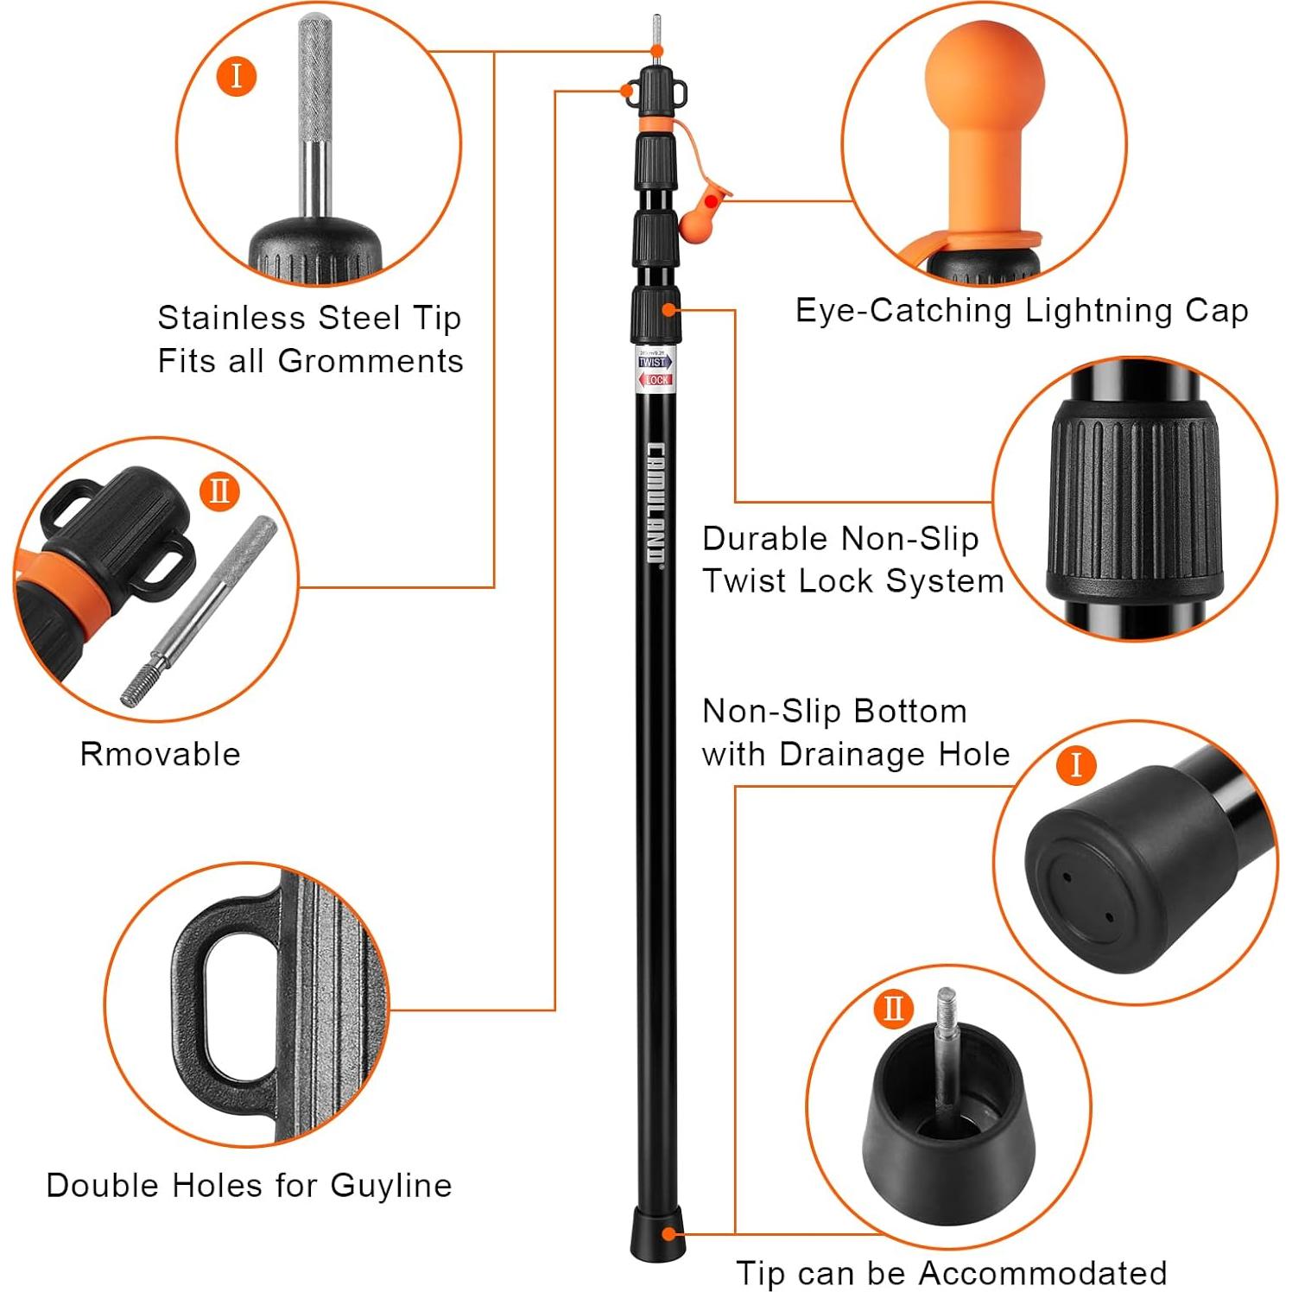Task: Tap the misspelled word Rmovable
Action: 160,754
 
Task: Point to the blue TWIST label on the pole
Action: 653,363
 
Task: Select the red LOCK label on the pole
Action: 656,380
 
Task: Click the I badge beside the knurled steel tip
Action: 236,76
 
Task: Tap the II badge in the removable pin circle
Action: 218,491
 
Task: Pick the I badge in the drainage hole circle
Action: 1075,765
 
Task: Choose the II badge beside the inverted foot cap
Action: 892,1008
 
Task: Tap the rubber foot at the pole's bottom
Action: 657,1235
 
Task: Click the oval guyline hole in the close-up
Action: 225,1003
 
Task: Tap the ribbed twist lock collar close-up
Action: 1134,501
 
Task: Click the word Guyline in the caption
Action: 390,1185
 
